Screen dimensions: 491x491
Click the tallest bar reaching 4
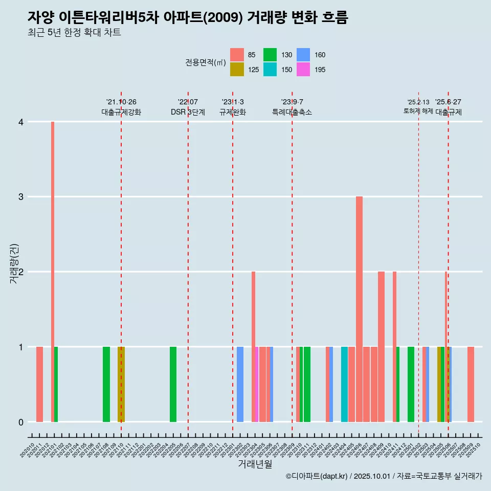(52, 271)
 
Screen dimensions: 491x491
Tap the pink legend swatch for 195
(303, 70)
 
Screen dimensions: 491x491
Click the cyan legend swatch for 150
(270, 70)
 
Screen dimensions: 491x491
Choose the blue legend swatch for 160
(303, 55)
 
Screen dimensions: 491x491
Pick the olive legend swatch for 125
(237, 70)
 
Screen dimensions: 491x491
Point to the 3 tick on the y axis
(20, 197)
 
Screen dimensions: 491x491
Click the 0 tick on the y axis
(20, 422)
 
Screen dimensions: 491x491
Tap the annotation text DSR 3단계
(188, 112)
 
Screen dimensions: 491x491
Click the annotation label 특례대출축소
(292, 112)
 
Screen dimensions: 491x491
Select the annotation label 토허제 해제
(418, 111)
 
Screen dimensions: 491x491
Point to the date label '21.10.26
(121, 102)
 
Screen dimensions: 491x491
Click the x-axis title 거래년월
(255, 464)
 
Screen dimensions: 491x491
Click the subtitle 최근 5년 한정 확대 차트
(74, 33)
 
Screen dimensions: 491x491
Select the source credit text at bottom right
(384, 476)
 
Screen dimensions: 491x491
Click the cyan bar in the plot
(344, 384)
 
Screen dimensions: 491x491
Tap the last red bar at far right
(471, 384)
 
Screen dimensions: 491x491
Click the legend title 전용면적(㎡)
(206, 62)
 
